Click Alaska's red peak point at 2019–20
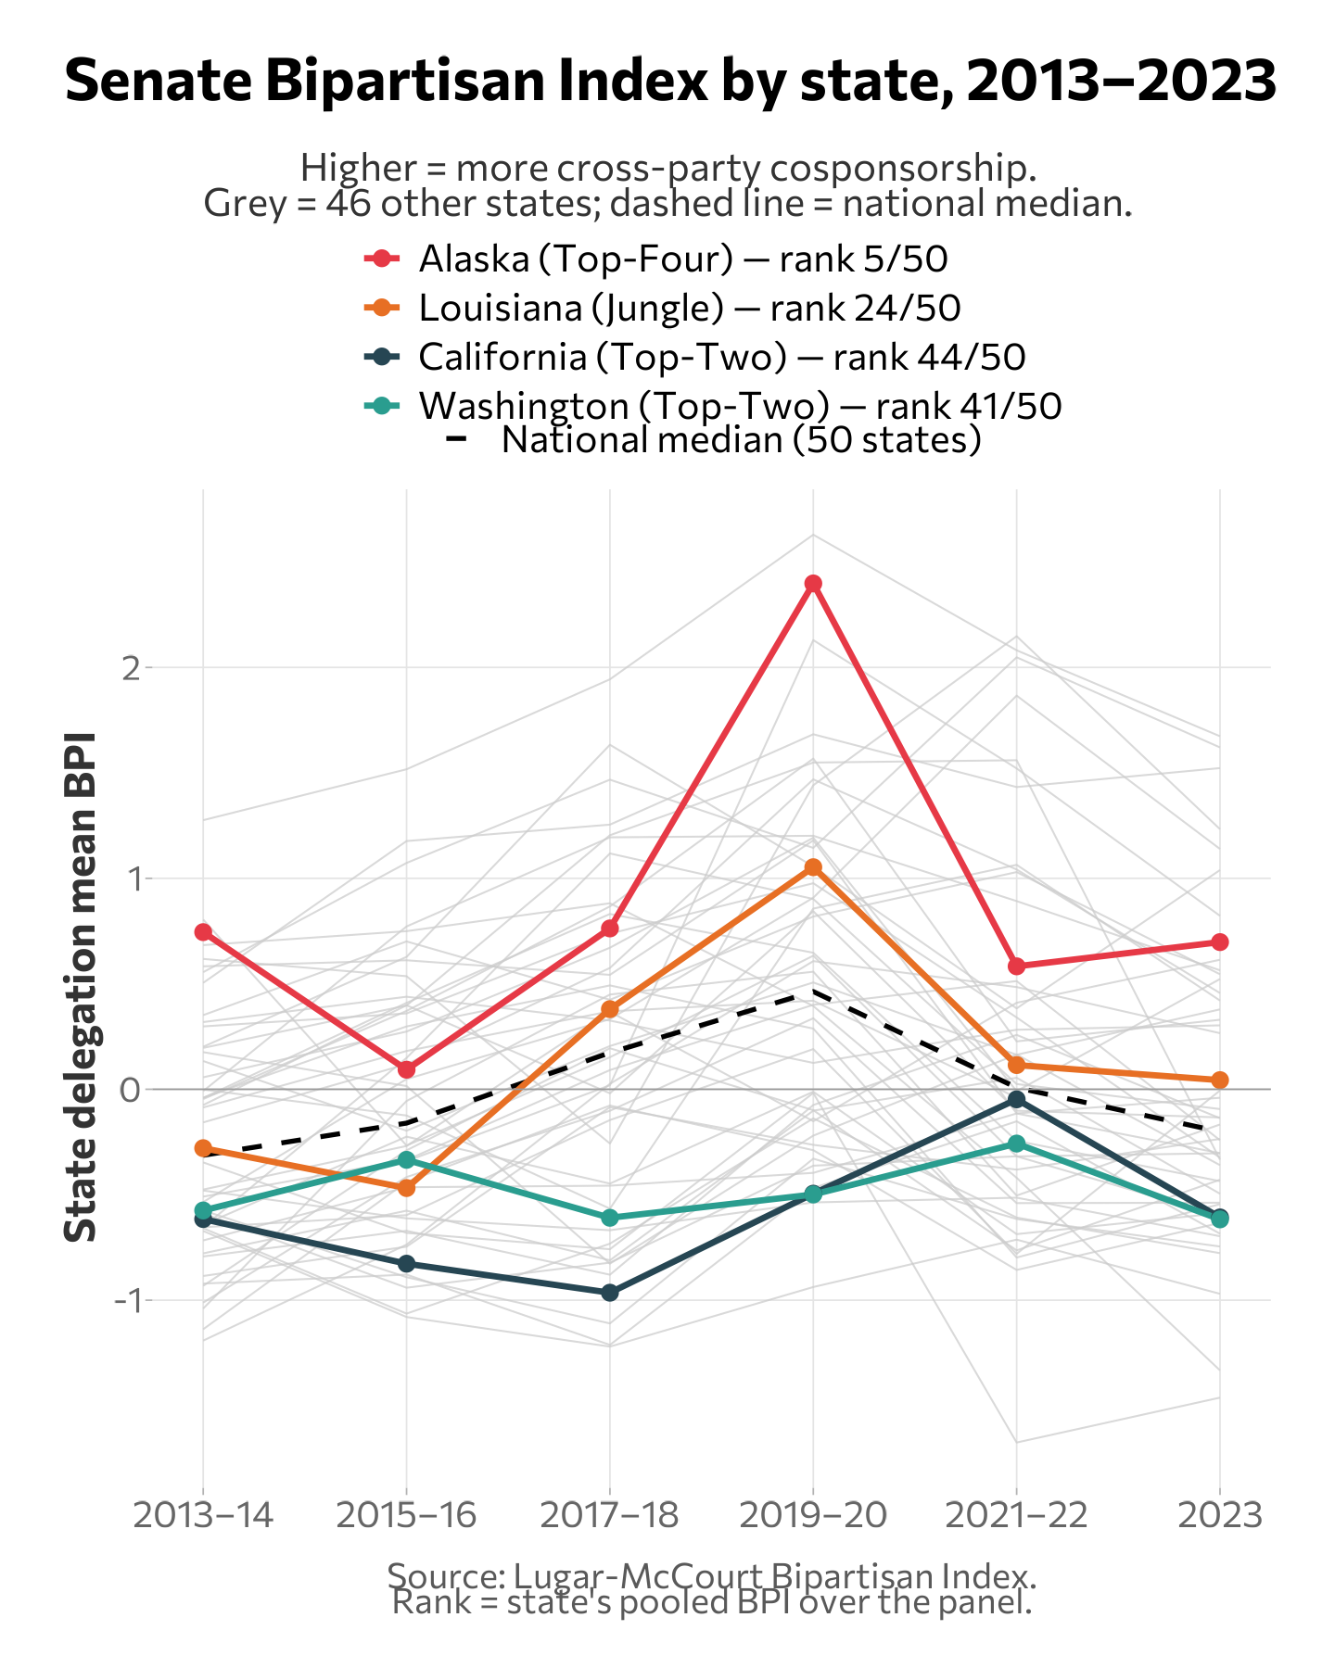(813, 584)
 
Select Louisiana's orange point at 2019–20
(813, 867)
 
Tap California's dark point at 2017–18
(610, 1292)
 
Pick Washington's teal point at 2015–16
(406, 1160)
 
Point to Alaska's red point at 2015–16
(406, 1069)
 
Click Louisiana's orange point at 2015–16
(406, 1188)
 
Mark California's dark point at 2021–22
(1016, 1099)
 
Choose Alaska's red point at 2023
(1220, 942)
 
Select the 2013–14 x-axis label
(203, 1516)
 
